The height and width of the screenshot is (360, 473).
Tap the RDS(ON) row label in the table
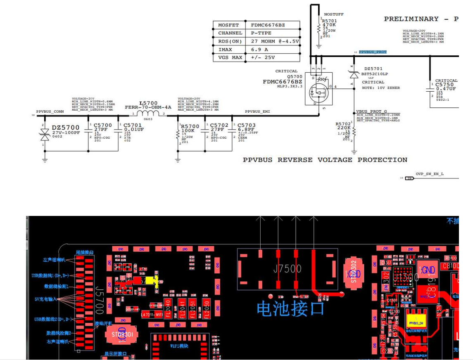(x=230, y=41)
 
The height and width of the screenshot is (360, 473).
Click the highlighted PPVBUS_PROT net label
(x=373, y=52)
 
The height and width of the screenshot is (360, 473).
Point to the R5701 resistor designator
(x=330, y=21)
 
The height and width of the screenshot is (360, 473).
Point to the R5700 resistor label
(x=190, y=126)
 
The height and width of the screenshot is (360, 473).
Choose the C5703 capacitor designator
(x=246, y=125)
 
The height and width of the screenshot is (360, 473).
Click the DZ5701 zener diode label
(x=373, y=69)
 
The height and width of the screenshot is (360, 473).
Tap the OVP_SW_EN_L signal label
(x=430, y=174)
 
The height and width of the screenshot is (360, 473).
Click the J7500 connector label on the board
(x=287, y=269)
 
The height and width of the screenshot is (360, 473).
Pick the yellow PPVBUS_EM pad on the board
(x=416, y=322)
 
